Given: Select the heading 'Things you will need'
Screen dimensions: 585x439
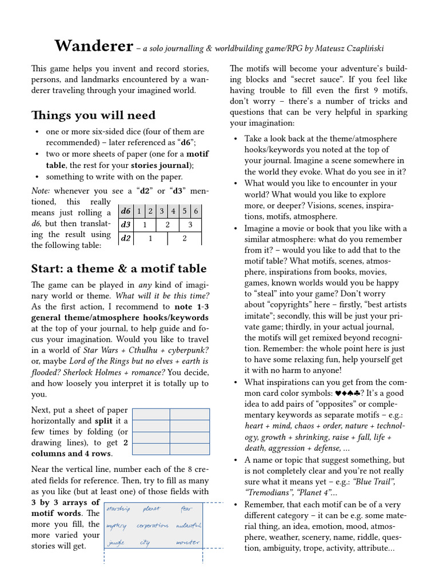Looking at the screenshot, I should pyautogui.click(x=93, y=115).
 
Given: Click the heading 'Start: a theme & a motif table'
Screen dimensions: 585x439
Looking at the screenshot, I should pyautogui.click(x=119, y=269).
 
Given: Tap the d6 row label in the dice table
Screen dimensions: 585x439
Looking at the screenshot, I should pyautogui.click(x=126, y=211).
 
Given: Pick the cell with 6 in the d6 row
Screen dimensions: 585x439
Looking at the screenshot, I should pyautogui.click(x=195, y=211).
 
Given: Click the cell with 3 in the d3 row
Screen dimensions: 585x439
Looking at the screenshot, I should pyautogui.click(x=190, y=225).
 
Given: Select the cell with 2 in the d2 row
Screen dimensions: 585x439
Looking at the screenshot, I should pyautogui.click(x=184, y=238).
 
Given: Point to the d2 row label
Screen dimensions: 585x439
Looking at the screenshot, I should pyautogui.click(x=126, y=238).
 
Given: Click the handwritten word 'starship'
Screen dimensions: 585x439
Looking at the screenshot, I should pyautogui.click(x=118, y=509).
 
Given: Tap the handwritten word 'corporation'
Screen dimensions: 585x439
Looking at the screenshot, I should pyautogui.click(x=153, y=526).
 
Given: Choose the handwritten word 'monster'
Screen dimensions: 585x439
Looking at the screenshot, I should pyautogui.click(x=187, y=542).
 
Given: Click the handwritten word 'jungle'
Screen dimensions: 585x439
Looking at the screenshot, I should pyautogui.click(x=116, y=543).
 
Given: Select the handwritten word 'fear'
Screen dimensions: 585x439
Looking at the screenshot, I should pyautogui.click(x=186, y=508).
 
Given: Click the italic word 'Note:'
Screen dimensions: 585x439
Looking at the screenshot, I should pyautogui.click(x=42, y=190).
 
